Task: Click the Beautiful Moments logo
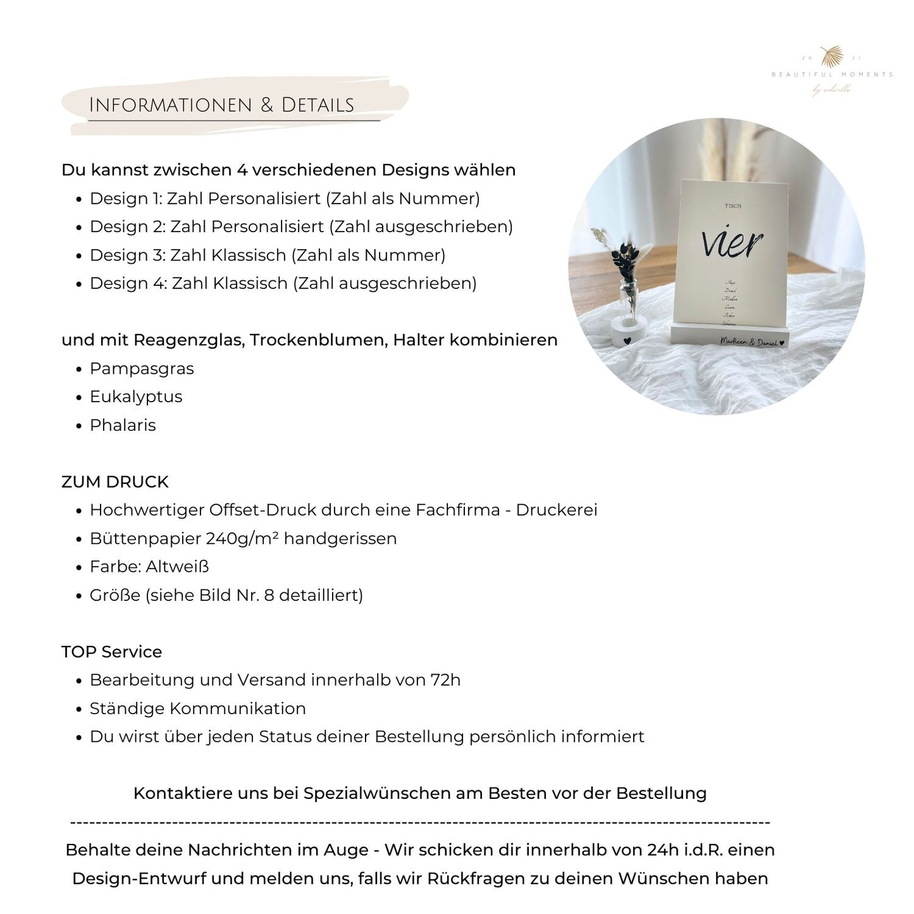[x=831, y=71]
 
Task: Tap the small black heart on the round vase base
[x=627, y=340]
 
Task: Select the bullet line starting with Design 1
[x=285, y=199]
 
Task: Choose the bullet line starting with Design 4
[x=283, y=283]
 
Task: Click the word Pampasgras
[x=142, y=369]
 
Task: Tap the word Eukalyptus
[x=136, y=397]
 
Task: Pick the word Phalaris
[x=123, y=425]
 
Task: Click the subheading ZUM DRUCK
[x=115, y=482]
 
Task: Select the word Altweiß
[x=177, y=567]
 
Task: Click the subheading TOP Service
[x=112, y=652]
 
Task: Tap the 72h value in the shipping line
[x=445, y=680]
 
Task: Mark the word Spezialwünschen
[x=377, y=793]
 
